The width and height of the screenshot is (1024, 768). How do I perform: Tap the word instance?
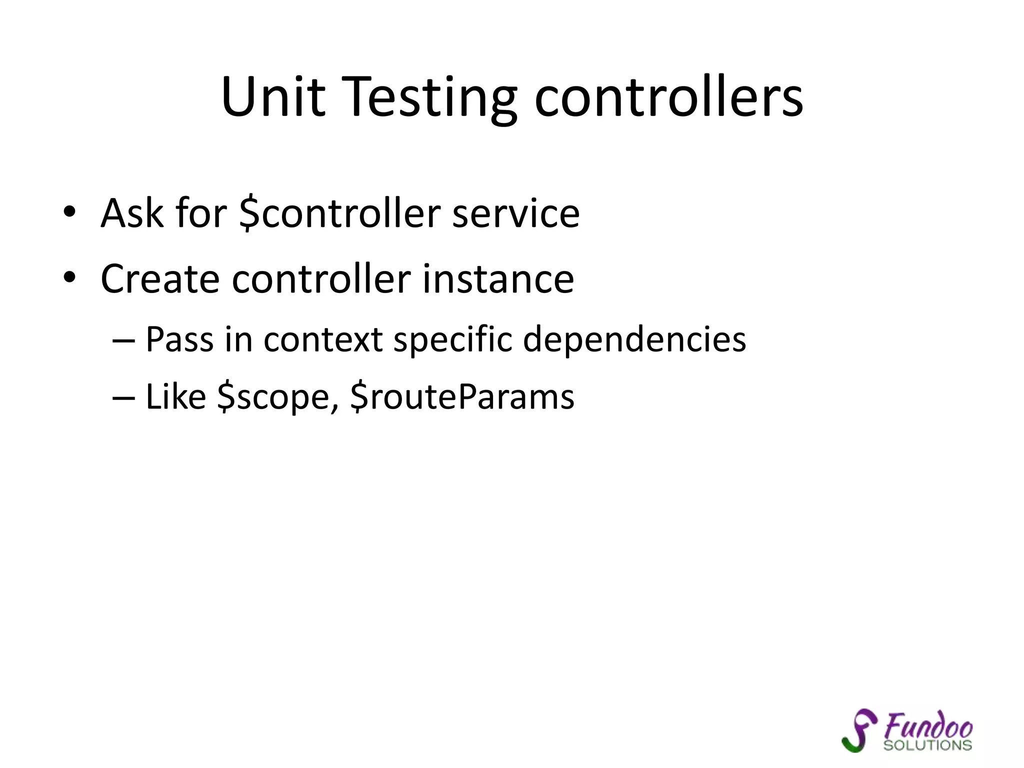(498, 278)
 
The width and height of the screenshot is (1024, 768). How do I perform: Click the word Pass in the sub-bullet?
(179, 339)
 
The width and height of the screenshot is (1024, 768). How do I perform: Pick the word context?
(323, 339)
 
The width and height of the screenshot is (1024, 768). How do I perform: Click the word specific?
(452, 339)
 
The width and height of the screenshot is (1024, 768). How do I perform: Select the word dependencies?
(634, 339)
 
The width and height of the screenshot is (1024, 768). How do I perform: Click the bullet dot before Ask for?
(69, 212)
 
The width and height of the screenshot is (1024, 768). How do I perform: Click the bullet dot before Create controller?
(69, 277)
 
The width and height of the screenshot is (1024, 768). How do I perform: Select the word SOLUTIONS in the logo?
(927, 745)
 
